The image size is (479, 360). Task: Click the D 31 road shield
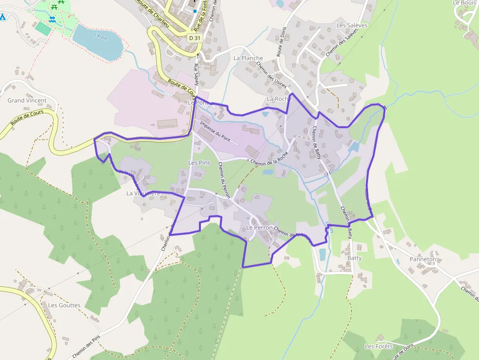click(195, 38)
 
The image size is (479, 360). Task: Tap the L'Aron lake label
click(100, 37)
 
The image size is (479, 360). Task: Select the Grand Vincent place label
click(27, 101)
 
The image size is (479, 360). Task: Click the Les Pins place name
click(199, 163)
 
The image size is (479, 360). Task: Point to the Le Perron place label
click(259, 228)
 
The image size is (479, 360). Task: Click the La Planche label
click(248, 58)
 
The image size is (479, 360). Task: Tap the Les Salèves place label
click(351, 25)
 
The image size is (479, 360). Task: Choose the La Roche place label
click(279, 99)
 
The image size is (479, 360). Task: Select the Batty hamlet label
click(354, 257)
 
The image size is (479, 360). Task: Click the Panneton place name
click(423, 259)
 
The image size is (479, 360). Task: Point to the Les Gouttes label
click(64, 305)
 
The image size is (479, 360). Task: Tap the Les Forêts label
click(378, 346)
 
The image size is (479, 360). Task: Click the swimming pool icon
click(52, 19)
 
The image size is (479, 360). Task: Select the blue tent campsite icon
click(2, 18)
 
